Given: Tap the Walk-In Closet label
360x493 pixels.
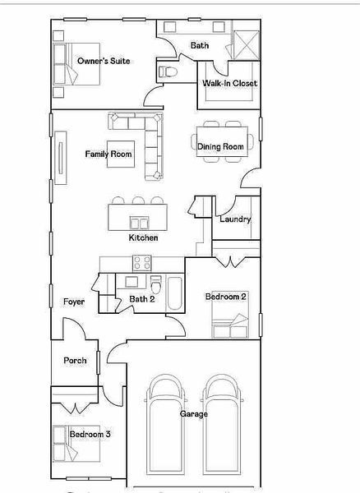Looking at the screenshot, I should click(230, 83).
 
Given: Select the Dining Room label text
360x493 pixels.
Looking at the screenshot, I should click(220, 146).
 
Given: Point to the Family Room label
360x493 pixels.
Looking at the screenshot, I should click(108, 154).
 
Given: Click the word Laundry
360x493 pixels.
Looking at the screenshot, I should click(235, 219).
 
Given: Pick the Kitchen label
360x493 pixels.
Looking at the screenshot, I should click(143, 237).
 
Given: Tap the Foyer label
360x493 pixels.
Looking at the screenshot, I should click(75, 302).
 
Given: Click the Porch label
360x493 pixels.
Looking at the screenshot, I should click(76, 360).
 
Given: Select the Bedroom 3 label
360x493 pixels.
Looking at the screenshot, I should click(90, 434).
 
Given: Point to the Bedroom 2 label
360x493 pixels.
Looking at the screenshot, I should click(226, 296).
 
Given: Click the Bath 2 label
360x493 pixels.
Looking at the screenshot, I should click(141, 299).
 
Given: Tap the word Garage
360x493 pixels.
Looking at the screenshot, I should click(194, 414).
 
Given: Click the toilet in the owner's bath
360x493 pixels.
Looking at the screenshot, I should click(169, 72).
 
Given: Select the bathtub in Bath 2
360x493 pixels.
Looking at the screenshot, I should click(175, 294).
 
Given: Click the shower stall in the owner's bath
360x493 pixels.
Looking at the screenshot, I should click(244, 43).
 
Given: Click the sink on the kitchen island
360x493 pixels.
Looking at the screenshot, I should click(139, 222).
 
